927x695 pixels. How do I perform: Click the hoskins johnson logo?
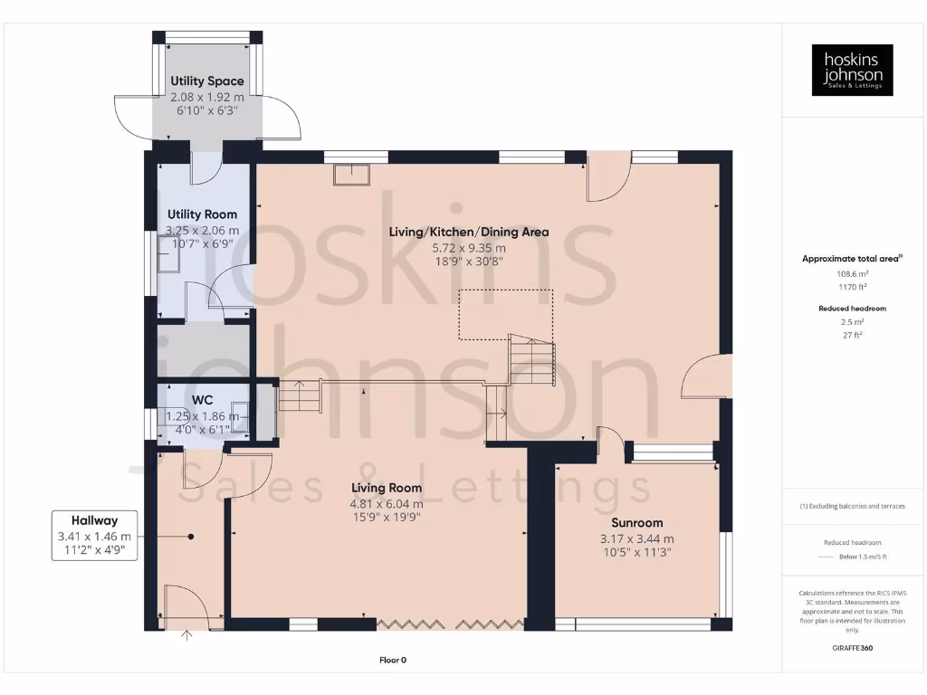[852, 70]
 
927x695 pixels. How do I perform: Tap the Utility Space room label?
[207, 81]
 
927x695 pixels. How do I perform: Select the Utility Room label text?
[203, 214]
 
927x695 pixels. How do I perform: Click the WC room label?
[202, 400]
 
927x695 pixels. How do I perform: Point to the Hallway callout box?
[94, 535]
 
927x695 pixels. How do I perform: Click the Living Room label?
[387, 489]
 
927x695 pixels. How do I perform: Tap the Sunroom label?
[636, 522]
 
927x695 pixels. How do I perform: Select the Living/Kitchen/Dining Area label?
[469, 232]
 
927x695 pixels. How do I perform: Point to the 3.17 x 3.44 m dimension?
[636, 538]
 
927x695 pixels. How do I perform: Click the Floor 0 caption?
[393, 660]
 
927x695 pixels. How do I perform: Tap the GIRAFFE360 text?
[852, 648]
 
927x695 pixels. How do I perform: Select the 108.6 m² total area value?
[852, 272]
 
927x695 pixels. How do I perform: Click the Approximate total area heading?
[851, 259]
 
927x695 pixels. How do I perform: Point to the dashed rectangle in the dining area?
[505, 314]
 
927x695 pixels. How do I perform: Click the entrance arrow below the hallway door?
[187, 636]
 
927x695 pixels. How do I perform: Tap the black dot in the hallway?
[191, 537]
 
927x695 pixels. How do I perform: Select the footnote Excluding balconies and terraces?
[852, 506]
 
